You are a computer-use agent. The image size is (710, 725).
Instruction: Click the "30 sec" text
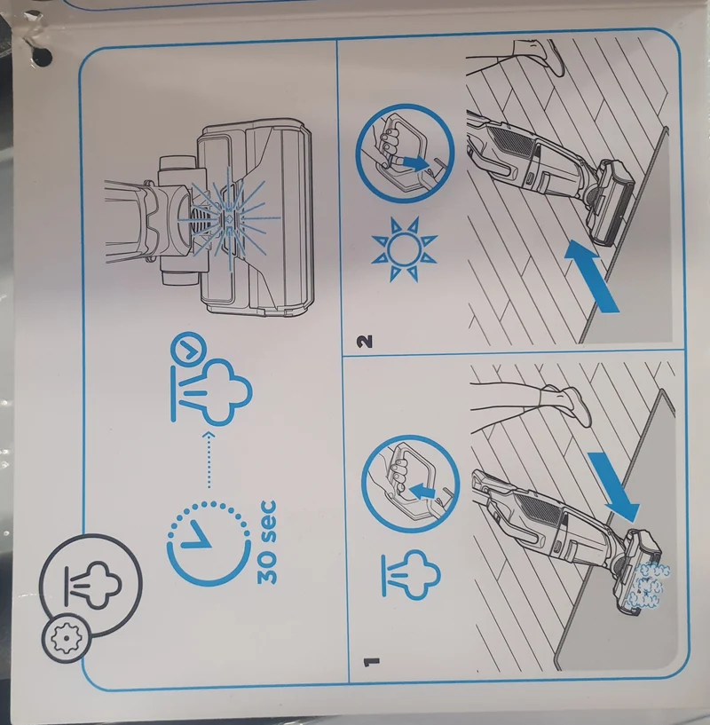[266, 541]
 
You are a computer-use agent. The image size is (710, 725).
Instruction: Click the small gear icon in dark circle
[67, 639]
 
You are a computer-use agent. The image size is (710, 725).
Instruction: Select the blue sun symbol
[404, 248]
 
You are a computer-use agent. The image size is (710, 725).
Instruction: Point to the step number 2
[364, 342]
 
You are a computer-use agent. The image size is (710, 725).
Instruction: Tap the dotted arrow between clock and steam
[209, 460]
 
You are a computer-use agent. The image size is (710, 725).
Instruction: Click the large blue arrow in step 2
[592, 276]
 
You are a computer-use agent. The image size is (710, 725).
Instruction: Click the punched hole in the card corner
[43, 57]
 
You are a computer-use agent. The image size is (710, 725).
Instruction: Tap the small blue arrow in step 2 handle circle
[412, 162]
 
